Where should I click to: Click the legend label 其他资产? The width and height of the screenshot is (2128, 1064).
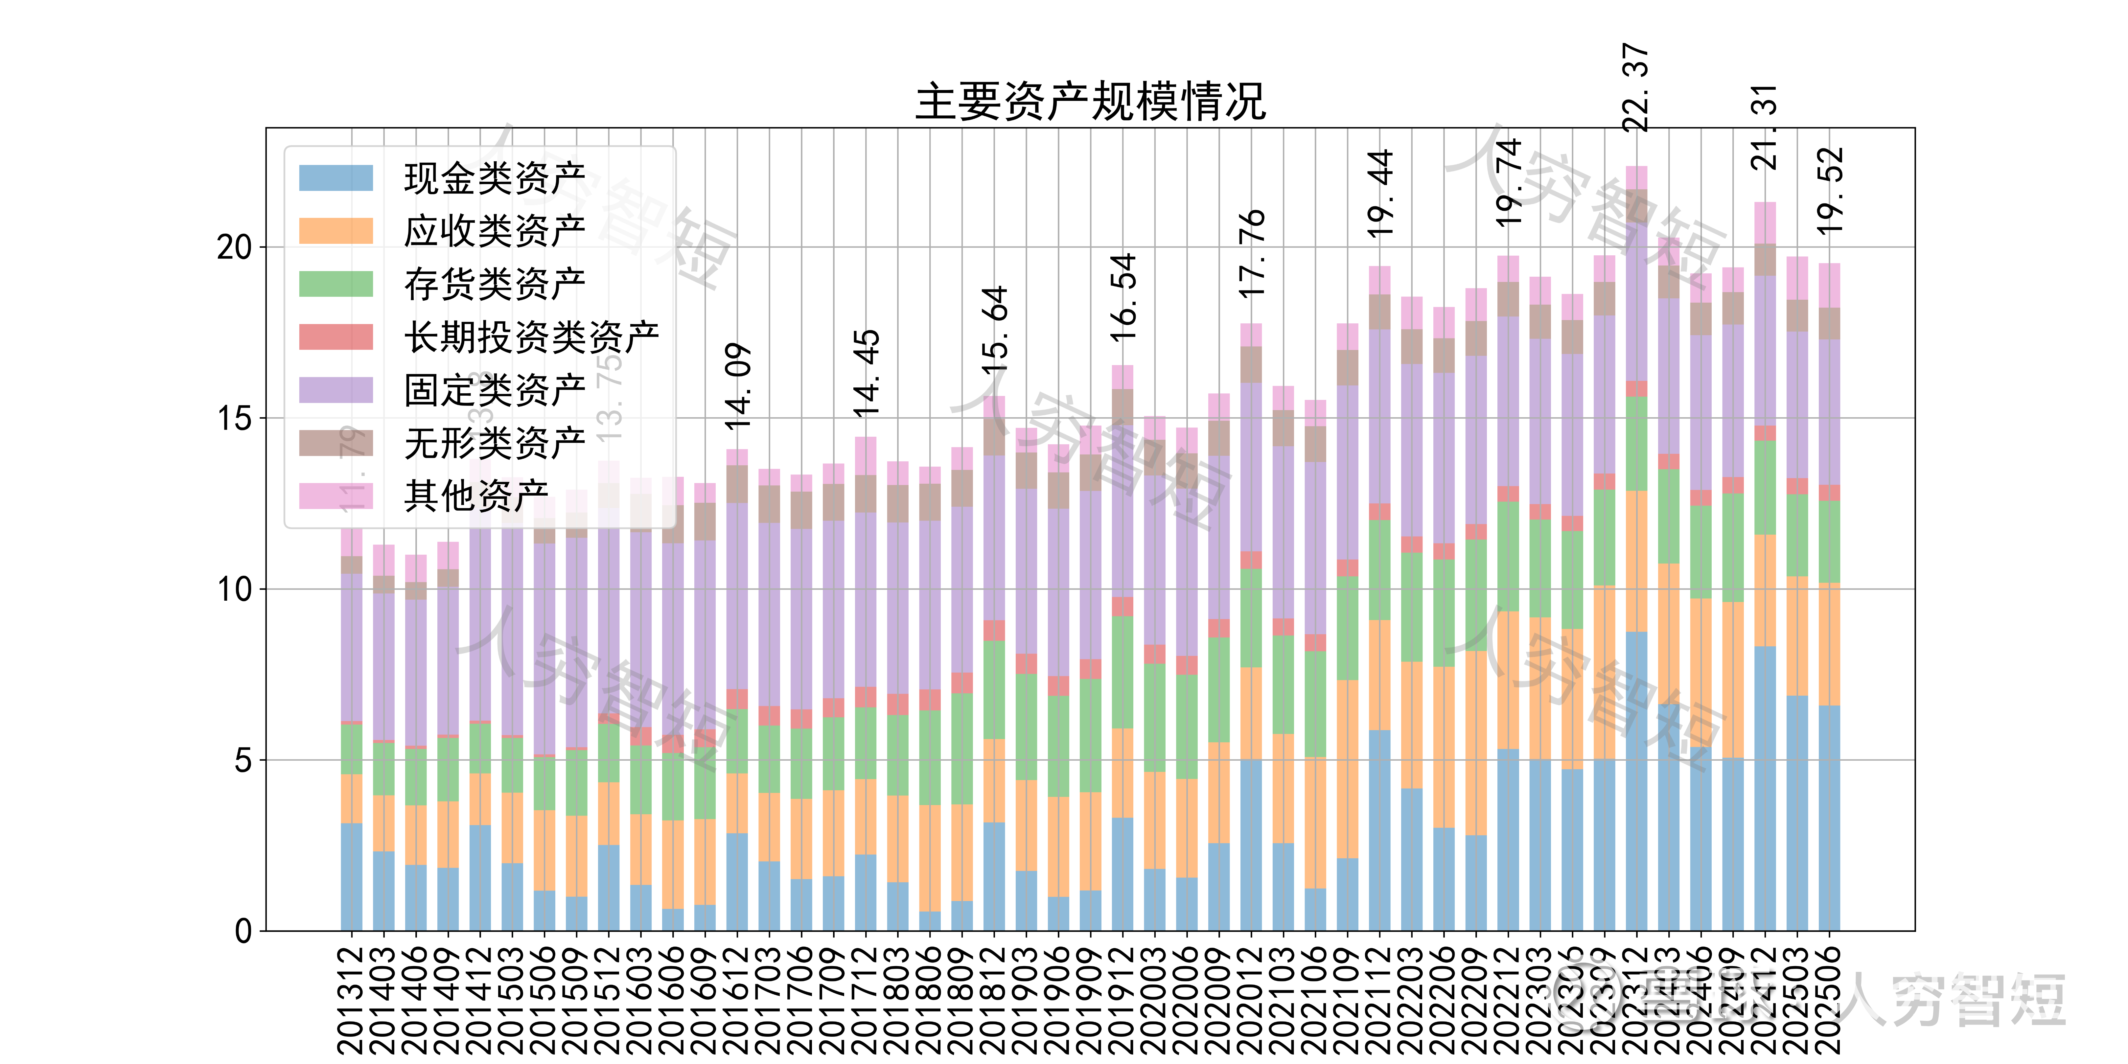pos(476,496)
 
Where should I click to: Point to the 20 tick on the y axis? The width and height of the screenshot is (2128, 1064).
pos(235,247)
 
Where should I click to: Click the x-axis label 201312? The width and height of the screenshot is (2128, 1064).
pos(351,1000)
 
